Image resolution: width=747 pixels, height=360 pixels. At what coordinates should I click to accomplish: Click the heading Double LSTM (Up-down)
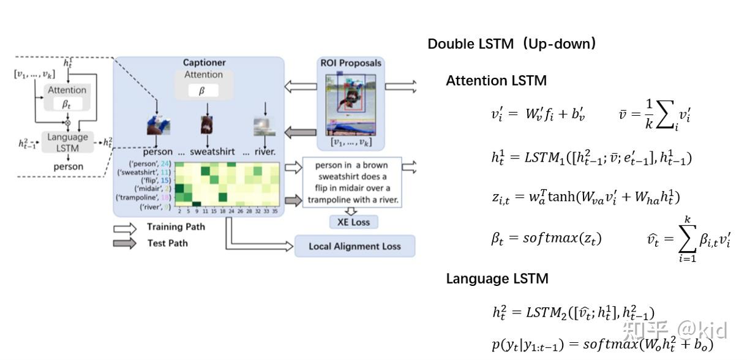tap(512, 44)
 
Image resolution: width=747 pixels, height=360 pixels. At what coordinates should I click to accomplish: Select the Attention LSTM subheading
tap(496, 81)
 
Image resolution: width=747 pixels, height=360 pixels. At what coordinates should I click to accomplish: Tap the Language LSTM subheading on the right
tap(497, 279)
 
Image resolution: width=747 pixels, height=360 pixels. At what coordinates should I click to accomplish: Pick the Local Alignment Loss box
tap(355, 246)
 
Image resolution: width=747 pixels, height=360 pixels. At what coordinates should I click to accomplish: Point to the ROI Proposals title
tap(351, 63)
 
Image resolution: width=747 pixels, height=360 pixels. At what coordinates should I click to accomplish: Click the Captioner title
tap(204, 62)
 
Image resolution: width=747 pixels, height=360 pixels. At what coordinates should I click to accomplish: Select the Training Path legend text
tap(176, 227)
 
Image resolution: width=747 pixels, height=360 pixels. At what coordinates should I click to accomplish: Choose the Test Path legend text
tap(167, 243)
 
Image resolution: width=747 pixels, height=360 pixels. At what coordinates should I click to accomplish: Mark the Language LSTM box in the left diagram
tap(68, 143)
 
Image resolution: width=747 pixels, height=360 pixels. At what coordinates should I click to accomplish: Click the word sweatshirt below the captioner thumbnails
tap(212, 152)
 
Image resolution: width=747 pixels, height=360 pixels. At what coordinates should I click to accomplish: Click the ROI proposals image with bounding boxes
tap(350, 104)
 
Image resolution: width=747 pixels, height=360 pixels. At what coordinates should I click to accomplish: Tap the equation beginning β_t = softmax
tap(546, 238)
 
